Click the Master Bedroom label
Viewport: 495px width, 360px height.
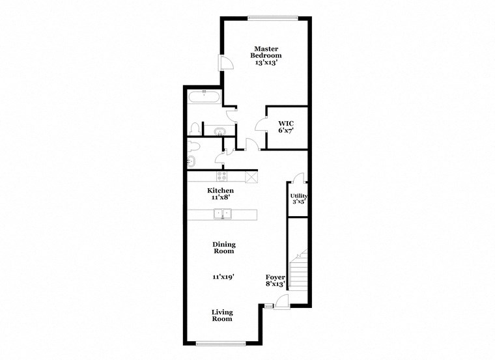pos(267,52)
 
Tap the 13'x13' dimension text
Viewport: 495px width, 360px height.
pos(267,64)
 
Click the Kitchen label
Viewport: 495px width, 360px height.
pos(220,191)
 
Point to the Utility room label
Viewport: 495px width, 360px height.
pos(298,196)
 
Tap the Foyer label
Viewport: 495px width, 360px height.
pos(274,276)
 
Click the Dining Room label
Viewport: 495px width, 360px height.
pos(223,247)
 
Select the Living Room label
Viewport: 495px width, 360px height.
pos(222,316)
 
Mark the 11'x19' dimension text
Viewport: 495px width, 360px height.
pos(223,277)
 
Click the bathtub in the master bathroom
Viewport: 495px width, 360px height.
pos(204,98)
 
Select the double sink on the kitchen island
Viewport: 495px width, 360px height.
pos(223,214)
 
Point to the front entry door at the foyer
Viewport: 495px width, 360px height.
pos(281,300)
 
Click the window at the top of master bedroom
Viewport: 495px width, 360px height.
pos(273,17)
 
